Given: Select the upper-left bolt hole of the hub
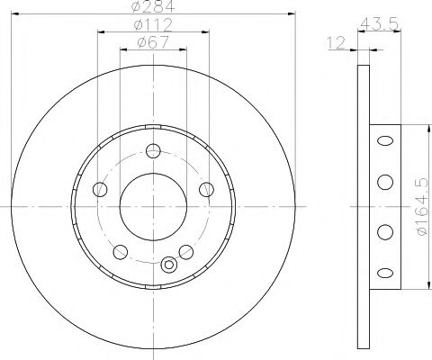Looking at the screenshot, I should click(101, 189).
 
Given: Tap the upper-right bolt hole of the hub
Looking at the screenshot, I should click(206, 189).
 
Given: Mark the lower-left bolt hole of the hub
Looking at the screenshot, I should click(121, 251).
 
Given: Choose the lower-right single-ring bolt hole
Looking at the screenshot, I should click(186, 251).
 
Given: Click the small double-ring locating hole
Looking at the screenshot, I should click(168, 265).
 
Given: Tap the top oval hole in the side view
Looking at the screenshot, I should click(384, 140).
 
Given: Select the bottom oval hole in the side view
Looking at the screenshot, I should click(384, 273).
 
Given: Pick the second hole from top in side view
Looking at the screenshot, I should click(384, 183).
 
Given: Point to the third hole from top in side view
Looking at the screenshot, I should click(384, 231).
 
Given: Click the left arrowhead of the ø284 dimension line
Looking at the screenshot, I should click(16, 14).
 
